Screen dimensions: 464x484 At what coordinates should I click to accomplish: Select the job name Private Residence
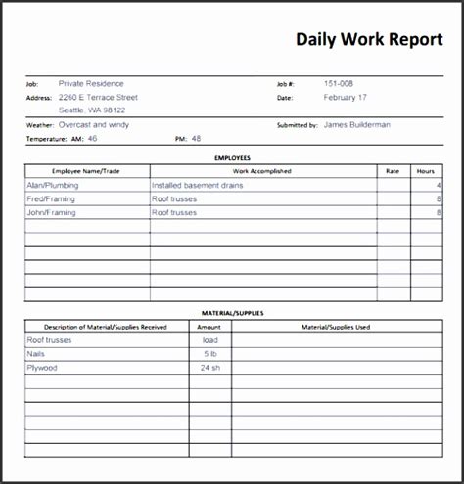click(91, 84)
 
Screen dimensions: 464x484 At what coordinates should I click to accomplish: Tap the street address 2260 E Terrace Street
click(98, 98)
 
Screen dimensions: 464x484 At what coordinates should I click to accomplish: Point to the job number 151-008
click(340, 84)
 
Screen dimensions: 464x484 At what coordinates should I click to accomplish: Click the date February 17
click(346, 98)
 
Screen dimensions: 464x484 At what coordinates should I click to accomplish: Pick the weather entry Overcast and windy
click(94, 125)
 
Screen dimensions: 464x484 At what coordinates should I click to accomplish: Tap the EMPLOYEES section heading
click(232, 156)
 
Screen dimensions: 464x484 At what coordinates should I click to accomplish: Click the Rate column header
click(393, 170)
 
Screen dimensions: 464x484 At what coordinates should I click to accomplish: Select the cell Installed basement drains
click(199, 184)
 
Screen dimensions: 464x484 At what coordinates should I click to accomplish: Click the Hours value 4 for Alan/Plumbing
click(439, 184)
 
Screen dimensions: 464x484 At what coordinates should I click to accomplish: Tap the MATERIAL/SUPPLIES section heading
click(232, 313)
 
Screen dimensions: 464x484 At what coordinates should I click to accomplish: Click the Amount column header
click(209, 327)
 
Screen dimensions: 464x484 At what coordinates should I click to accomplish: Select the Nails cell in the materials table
click(36, 353)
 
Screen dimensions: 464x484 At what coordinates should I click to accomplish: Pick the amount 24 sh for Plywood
click(209, 368)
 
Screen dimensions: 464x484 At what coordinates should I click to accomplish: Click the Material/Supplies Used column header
click(336, 327)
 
